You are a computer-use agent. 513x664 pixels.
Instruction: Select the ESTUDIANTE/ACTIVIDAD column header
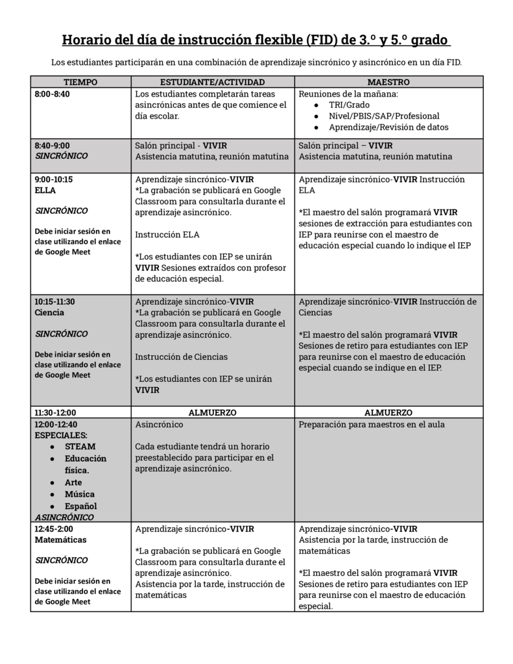tap(212, 82)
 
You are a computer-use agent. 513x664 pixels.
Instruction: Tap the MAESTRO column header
tap(388, 82)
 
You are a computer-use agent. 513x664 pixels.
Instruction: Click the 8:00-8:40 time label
tap(52, 94)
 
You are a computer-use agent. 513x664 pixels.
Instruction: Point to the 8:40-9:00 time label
tap(52, 145)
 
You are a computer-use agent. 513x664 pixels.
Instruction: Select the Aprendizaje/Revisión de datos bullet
tap(388, 128)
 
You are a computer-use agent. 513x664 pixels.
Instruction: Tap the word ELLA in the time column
tap(45, 191)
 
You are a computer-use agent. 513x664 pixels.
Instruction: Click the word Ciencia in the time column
tap(49, 313)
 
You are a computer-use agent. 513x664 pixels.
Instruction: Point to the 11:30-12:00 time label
tap(55, 412)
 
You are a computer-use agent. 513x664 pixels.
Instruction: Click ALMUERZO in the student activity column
tap(212, 412)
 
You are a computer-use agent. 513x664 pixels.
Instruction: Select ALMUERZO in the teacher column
tap(388, 412)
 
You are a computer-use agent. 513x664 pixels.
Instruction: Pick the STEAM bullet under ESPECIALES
tap(80, 447)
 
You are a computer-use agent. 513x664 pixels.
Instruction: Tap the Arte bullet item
tap(73, 482)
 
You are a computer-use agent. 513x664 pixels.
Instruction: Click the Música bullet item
tap(79, 494)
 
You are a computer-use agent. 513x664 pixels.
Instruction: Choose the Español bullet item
tap(80, 506)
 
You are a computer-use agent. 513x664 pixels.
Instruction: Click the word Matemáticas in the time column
tap(60, 539)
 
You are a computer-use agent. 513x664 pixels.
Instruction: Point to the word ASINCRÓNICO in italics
tap(64, 517)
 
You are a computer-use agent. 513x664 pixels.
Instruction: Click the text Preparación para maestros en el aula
tap(372, 425)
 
